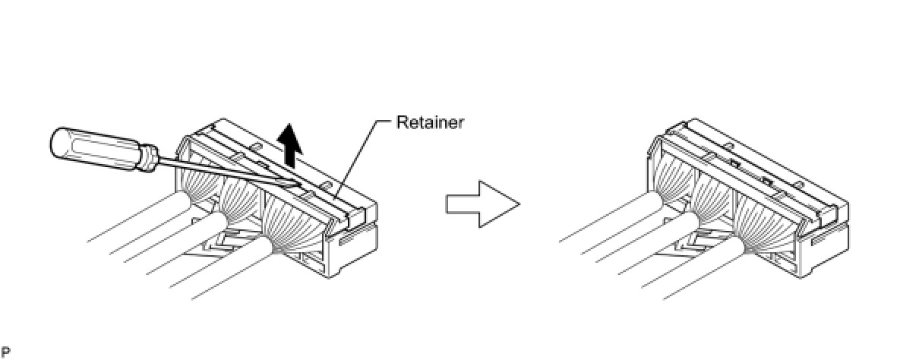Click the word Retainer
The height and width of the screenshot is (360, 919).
(429, 122)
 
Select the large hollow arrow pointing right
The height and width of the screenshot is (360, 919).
(482, 204)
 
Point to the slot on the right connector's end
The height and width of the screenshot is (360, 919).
(819, 242)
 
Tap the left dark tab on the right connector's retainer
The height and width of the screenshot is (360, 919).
(734, 163)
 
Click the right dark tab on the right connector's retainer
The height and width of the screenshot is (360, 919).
(768, 182)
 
